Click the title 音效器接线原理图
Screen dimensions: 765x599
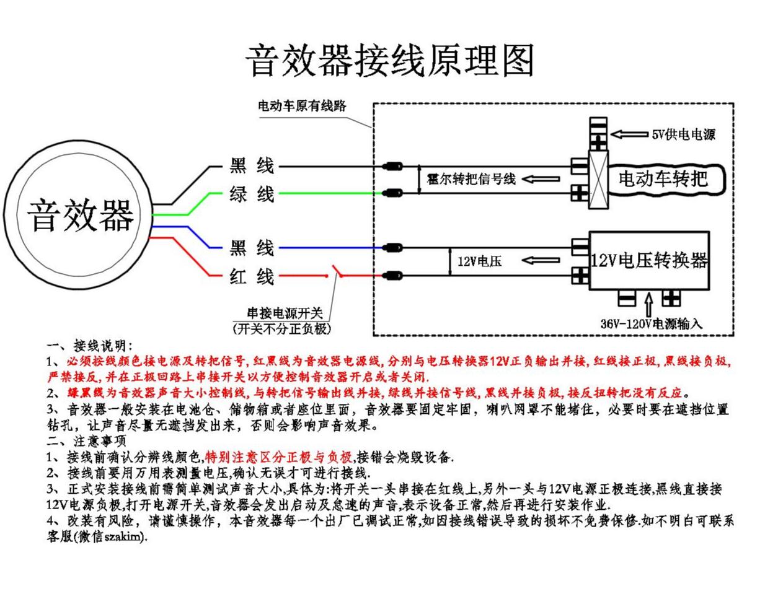tap(389, 60)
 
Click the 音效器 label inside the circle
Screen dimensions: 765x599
tap(81, 216)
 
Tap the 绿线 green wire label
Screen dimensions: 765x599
tap(251, 194)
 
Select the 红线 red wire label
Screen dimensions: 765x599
tap(251, 276)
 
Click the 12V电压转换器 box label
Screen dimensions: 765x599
tap(649, 261)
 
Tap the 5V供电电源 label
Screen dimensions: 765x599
tap(683, 134)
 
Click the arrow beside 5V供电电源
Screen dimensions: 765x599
tap(629, 134)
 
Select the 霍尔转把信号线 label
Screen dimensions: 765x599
tap(471, 179)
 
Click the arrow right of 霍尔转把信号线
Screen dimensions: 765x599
tap(541, 179)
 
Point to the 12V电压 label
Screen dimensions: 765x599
tap(479, 261)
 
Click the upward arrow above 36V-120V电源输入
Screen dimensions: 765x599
tap(649, 305)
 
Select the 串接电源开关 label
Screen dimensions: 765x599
tap(285, 313)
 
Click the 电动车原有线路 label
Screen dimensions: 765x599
tap(302, 106)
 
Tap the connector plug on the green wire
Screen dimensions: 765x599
tap(392, 193)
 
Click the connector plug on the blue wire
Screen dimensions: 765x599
tap(392, 248)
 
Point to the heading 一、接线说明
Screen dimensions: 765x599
tap(89, 346)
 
